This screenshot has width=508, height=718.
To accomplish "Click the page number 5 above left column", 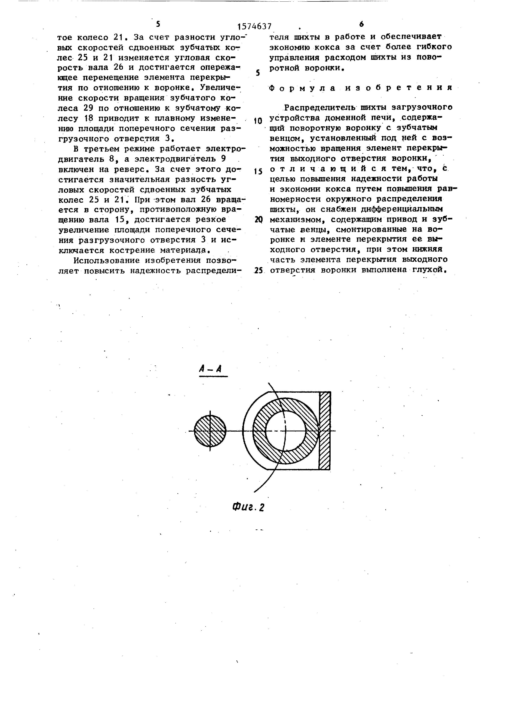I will pyautogui.click(x=158, y=24).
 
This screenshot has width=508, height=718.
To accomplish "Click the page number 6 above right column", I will pyautogui.click(x=361, y=24).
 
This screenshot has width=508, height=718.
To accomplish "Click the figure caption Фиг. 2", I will pyautogui.click(x=249, y=506).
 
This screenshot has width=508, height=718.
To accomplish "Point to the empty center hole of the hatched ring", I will pyautogui.click(x=285, y=431).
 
